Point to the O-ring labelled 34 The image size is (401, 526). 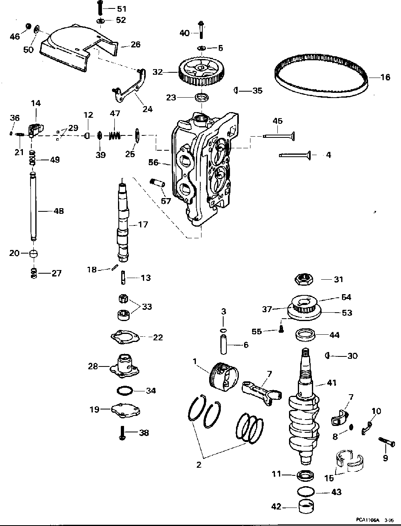tap(125, 391)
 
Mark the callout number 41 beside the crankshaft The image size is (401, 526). tap(332, 383)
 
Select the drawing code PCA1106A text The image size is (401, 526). tap(366, 520)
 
